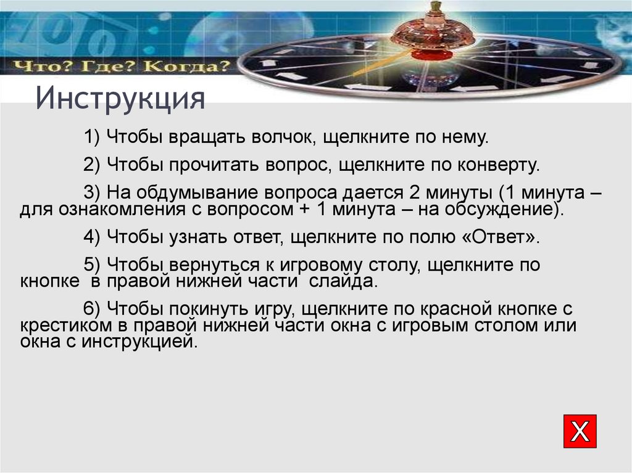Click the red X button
click(x=580, y=431)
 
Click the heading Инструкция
click(x=120, y=99)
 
